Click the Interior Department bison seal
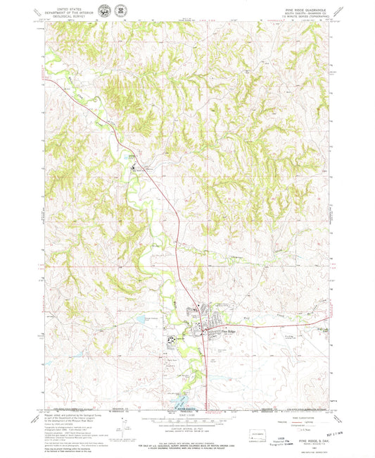tap(106, 10)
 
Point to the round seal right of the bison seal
tap(120, 10)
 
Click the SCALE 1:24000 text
tap(189, 414)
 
